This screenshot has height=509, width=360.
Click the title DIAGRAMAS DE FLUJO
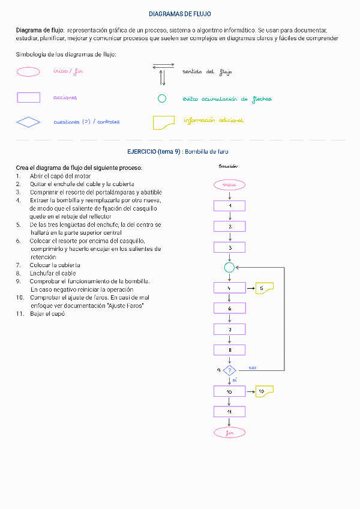pyautogui.click(x=179, y=14)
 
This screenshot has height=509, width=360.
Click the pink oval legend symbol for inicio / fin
pyautogui.click(x=28, y=72)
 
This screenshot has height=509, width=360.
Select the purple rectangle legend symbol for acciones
pyautogui.click(x=28, y=97)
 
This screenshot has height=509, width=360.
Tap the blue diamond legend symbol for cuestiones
pyautogui.click(x=28, y=122)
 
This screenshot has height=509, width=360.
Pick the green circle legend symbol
pyautogui.click(x=161, y=98)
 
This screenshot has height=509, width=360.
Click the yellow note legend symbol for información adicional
pyautogui.click(x=163, y=122)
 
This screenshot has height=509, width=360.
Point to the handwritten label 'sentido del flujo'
pyautogui.click(x=207, y=72)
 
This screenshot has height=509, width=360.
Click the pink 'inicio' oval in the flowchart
pyautogui.click(x=229, y=185)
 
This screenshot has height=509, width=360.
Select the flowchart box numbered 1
pyautogui.click(x=229, y=206)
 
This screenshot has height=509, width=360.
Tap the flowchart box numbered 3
pyautogui.click(x=229, y=247)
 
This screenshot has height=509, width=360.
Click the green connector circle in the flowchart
pyautogui.click(x=229, y=267)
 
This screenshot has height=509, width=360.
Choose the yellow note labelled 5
pyautogui.click(x=264, y=288)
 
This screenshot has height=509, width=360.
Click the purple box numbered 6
pyautogui.click(x=229, y=309)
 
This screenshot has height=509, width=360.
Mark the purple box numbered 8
pyautogui.click(x=229, y=349)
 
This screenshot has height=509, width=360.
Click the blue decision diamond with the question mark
pyautogui.click(x=229, y=370)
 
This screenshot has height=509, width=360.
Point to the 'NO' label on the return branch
pyautogui.click(x=253, y=368)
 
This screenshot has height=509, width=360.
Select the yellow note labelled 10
pyautogui.click(x=264, y=391)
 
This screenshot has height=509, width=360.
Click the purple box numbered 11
pyautogui.click(x=229, y=412)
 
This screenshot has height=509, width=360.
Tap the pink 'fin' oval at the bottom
pyautogui.click(x=229, y=432)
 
